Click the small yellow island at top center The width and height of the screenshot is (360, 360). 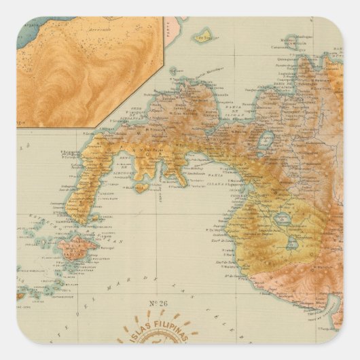pos(201,34)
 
